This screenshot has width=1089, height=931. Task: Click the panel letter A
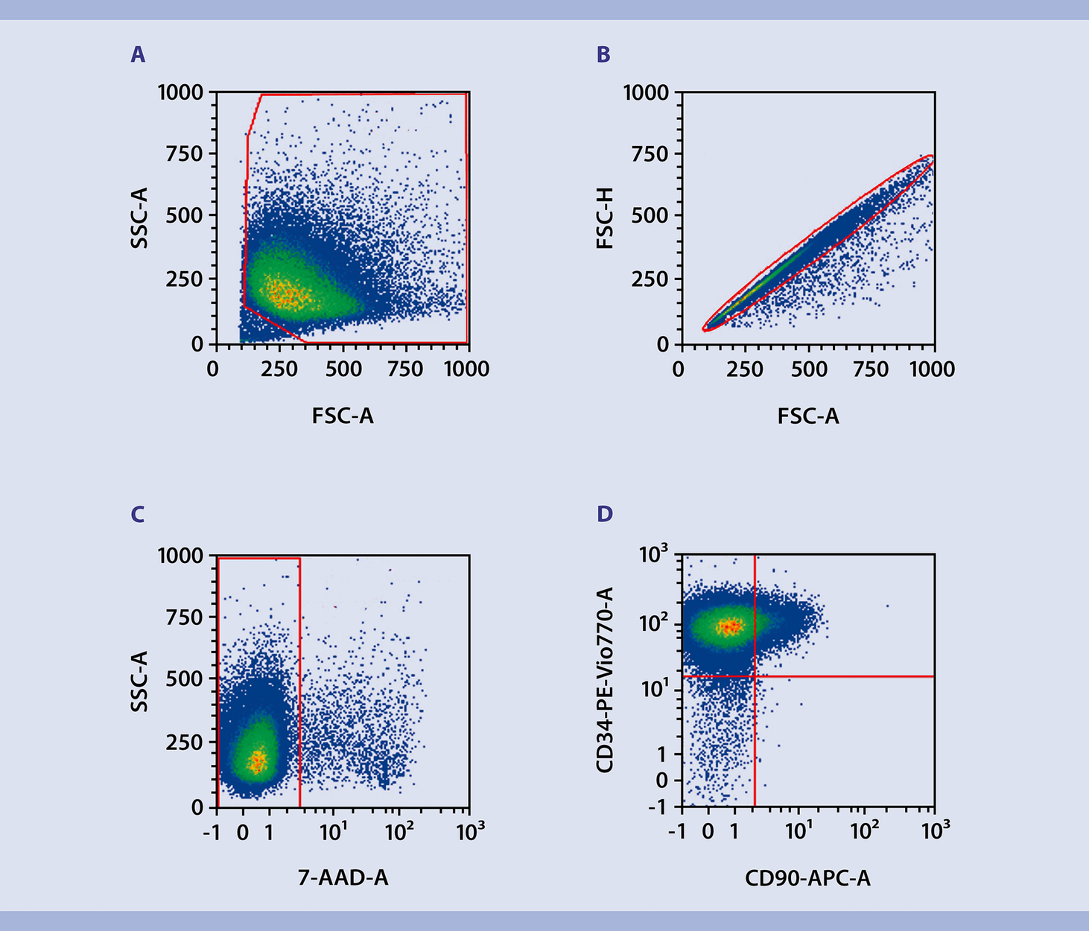138,55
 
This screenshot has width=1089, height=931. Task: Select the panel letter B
603,55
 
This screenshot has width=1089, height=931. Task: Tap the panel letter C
138,515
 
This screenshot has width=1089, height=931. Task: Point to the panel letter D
604,515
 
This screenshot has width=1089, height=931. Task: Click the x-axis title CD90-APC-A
807,879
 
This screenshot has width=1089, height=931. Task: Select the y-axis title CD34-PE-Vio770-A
606,680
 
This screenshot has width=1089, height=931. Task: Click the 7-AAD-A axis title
343,879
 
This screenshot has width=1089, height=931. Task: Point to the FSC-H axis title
606,217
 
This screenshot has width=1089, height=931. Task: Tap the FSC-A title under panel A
343,416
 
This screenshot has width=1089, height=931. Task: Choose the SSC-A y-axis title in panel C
139,680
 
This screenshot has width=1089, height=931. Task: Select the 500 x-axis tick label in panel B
808,369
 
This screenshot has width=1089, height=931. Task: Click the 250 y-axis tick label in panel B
650,280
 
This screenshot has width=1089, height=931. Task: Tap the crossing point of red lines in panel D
755,676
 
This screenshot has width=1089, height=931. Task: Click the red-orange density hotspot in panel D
730,626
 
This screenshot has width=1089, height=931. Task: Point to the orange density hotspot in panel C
257,760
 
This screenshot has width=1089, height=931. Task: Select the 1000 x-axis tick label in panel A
467,369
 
